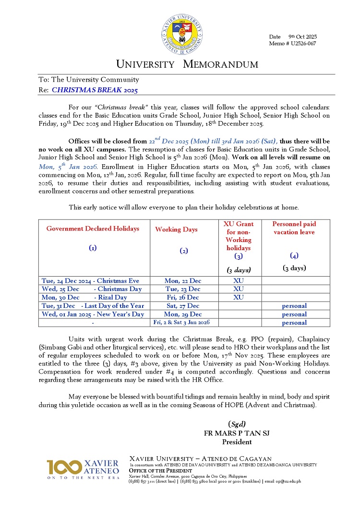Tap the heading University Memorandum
point(187,64)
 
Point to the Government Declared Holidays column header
point(93,229)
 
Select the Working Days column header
point(176,230)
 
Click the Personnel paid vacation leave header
point(294,228)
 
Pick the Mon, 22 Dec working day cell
point(183,280)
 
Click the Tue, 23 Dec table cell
point(183,289)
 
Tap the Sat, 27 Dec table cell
point(183,305)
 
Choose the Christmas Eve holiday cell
point(91,280)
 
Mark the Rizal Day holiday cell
point(84,297)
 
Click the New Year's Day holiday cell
point(93,314)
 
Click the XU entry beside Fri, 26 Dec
point(239,297)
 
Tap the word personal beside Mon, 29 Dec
point(294,314)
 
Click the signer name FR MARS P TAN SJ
point(237,433)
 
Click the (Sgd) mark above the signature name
point(237,424)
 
